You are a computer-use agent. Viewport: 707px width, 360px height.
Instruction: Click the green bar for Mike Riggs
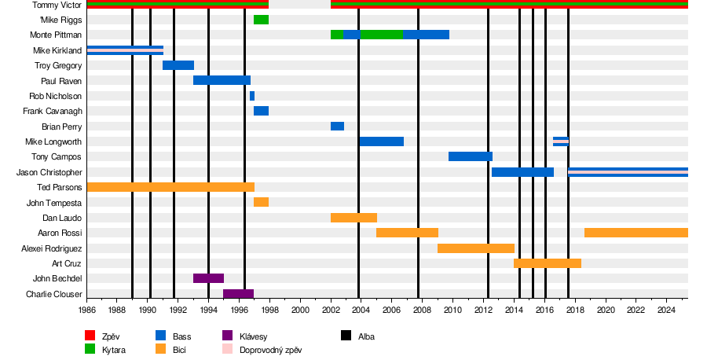tap(261, 20)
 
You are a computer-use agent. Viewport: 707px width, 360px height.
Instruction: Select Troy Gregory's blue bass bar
tap(178, 65)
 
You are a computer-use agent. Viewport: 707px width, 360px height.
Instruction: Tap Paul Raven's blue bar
tap(222, 80)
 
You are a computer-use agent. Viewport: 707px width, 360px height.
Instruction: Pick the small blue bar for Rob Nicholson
tap(252, 96)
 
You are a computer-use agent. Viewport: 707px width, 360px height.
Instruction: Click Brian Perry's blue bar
tap(337, 127)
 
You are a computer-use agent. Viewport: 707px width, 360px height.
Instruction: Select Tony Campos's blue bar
tap(471, 156)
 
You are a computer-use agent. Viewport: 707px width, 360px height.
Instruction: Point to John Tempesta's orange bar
tap(261, 202)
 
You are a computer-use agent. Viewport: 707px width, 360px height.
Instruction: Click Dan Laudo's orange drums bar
tap(353, 218)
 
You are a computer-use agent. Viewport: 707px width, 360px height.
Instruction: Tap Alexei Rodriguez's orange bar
tap(476, 248)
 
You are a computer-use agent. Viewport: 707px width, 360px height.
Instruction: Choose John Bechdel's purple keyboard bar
tap(208, 278)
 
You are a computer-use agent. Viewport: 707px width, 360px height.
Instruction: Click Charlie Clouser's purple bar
tap(238, 294)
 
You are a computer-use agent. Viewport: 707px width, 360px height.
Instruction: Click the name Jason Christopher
tap(49, 172)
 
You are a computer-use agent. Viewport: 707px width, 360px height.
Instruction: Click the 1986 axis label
tap(86, 310)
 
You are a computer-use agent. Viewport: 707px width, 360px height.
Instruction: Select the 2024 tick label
tap(666, 310)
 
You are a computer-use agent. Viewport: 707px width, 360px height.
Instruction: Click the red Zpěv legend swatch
tap(90, 336)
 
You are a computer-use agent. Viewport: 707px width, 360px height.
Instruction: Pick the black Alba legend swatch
tap(346, 336)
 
